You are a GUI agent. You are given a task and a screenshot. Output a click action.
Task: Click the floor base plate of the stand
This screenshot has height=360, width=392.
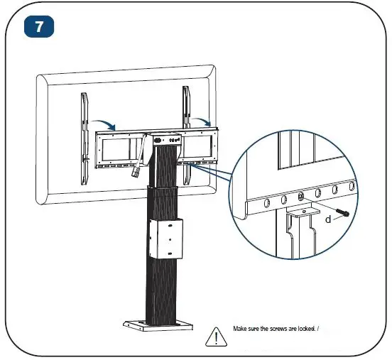click(158, 324)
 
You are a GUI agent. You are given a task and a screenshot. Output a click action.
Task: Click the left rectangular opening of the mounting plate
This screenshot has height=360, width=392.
click(119, 148)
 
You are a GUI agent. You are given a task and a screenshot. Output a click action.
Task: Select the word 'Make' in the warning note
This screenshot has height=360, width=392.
click(241, 329)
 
